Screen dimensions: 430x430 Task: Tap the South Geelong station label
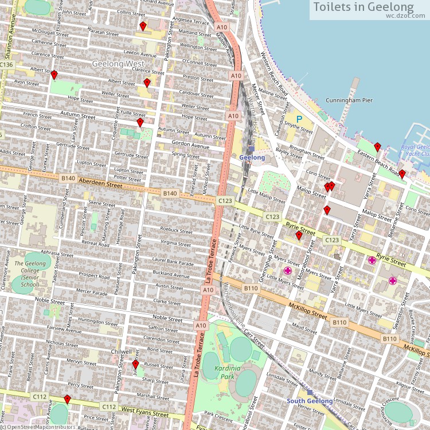point(310,401)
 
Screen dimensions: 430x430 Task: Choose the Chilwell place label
point(121,351)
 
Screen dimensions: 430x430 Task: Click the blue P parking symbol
point(299,119)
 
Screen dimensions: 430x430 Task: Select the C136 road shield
point(6,65)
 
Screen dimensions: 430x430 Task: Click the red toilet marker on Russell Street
point(136,364)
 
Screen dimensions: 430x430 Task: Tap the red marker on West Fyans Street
point(67,399)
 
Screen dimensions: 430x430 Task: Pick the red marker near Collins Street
point(143,26)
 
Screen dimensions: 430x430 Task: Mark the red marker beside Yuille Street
point(140,122)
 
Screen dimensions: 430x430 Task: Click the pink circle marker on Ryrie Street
point(372,260)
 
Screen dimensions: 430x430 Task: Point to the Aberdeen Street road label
point(101,183)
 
